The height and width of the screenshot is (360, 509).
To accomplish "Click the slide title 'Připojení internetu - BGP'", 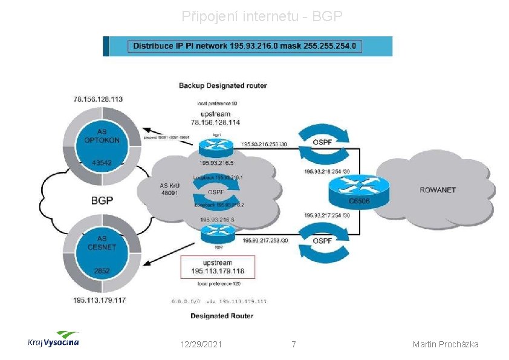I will point(262,17).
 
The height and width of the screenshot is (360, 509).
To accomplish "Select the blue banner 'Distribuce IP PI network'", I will point(247,46).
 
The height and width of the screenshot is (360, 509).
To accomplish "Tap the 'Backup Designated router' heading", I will point(222,85).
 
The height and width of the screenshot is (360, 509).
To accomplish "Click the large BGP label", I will point(102,200).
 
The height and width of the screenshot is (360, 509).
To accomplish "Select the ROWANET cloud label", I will point(438,190).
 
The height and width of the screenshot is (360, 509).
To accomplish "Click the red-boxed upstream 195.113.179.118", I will point(218,267).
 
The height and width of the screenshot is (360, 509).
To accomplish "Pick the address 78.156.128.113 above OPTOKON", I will point(98,99).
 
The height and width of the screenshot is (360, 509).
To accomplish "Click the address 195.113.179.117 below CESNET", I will point(99,300).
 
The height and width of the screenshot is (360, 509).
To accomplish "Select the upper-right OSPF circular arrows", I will point(321,142).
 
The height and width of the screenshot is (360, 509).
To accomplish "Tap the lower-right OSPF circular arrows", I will point(321,241).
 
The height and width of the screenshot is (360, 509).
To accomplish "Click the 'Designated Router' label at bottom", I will point(222,316).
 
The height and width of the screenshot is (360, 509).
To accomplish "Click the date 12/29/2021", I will point(201,344).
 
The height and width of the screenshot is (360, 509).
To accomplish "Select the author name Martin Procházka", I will point(446,344).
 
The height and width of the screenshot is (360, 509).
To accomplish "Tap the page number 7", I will point(294,344).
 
